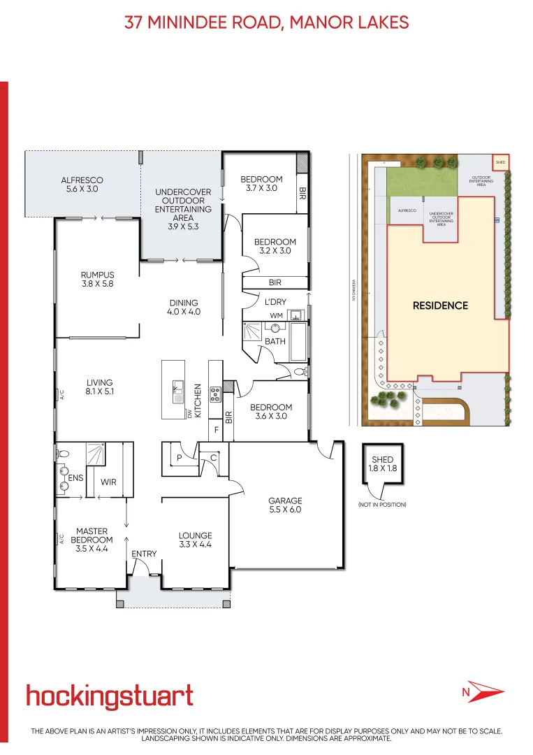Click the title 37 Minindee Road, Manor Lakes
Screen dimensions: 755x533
[x=266, y=22]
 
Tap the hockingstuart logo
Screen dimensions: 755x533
[x=110, y=696]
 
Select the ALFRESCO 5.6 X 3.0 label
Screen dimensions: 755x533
[x=82, y=185]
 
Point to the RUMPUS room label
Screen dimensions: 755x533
[x=97, y=280]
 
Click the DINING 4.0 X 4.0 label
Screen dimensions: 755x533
[x=184, y=308]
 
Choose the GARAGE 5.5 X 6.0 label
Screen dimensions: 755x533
[x=286, y=505]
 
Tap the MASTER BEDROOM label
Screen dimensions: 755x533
[x=92, y=540]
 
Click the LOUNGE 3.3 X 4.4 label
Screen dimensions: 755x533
[x=195, y=540]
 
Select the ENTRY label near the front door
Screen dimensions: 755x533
[x=145, y=554]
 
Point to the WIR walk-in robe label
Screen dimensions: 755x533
[x=108, y=482]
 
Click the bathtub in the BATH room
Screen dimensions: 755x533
[x=298, y=341]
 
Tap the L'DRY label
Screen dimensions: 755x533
[x=275, y=301]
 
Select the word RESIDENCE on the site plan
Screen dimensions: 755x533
[x=440, y=305]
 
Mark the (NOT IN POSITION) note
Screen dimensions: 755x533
[x=381, y=505]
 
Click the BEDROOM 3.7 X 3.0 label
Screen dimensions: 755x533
[x=261, y=184]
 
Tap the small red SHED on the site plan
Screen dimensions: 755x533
[x=500, y=162]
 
